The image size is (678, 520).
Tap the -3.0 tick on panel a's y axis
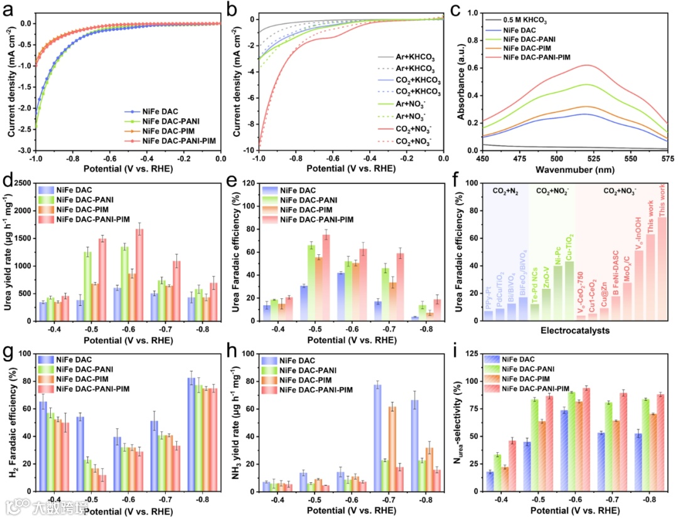(x=24, y=151)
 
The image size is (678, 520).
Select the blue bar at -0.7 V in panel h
(x=377, y=437)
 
